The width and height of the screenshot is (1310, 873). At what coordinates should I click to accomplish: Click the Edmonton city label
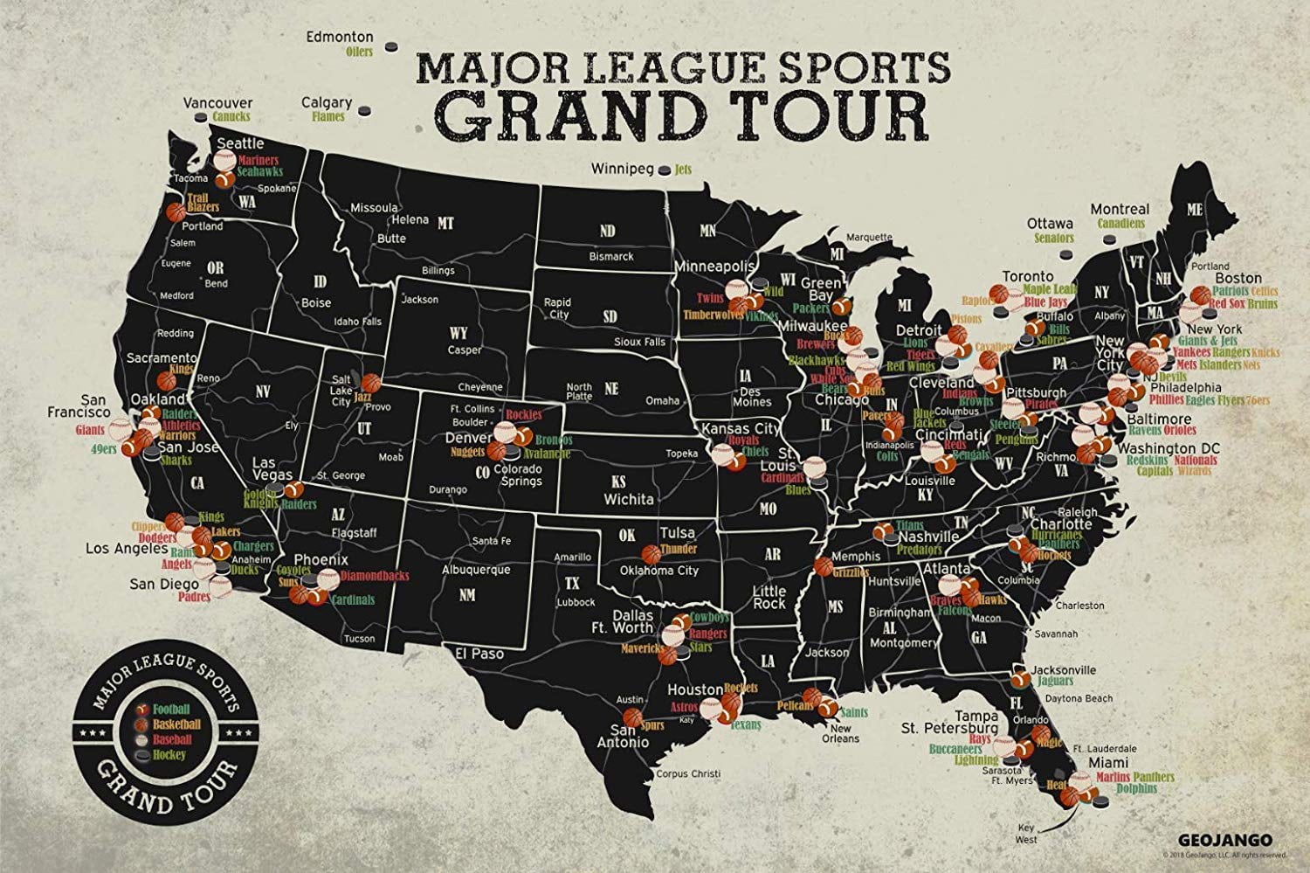(340, 38)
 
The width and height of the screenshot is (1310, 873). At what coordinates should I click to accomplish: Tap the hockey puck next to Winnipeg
(665, 170)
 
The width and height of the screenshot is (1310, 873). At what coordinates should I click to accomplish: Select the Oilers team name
(359, 52)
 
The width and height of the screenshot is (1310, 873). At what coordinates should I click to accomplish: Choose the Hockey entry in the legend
(169, 753)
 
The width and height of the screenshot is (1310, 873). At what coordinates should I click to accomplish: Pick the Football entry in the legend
(171, 709)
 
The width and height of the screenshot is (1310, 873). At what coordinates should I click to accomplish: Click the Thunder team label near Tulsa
(679, 549)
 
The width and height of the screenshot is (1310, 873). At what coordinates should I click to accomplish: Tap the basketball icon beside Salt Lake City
(371, 383)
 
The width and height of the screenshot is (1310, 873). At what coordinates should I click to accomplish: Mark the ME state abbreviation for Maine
(1194, 210)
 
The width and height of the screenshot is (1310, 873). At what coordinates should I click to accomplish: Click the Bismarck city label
(611, 257)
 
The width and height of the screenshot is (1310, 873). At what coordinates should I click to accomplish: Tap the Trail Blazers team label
(203, 203)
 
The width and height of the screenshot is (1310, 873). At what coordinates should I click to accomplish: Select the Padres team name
(194, 598)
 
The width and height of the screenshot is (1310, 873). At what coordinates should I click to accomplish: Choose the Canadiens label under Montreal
(1120, 224)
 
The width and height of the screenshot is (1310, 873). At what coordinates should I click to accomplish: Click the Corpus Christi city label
(689, 773)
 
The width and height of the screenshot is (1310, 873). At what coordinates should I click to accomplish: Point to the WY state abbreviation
(458, 334)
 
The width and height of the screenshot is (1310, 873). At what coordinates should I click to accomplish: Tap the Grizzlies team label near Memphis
(851, 572)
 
